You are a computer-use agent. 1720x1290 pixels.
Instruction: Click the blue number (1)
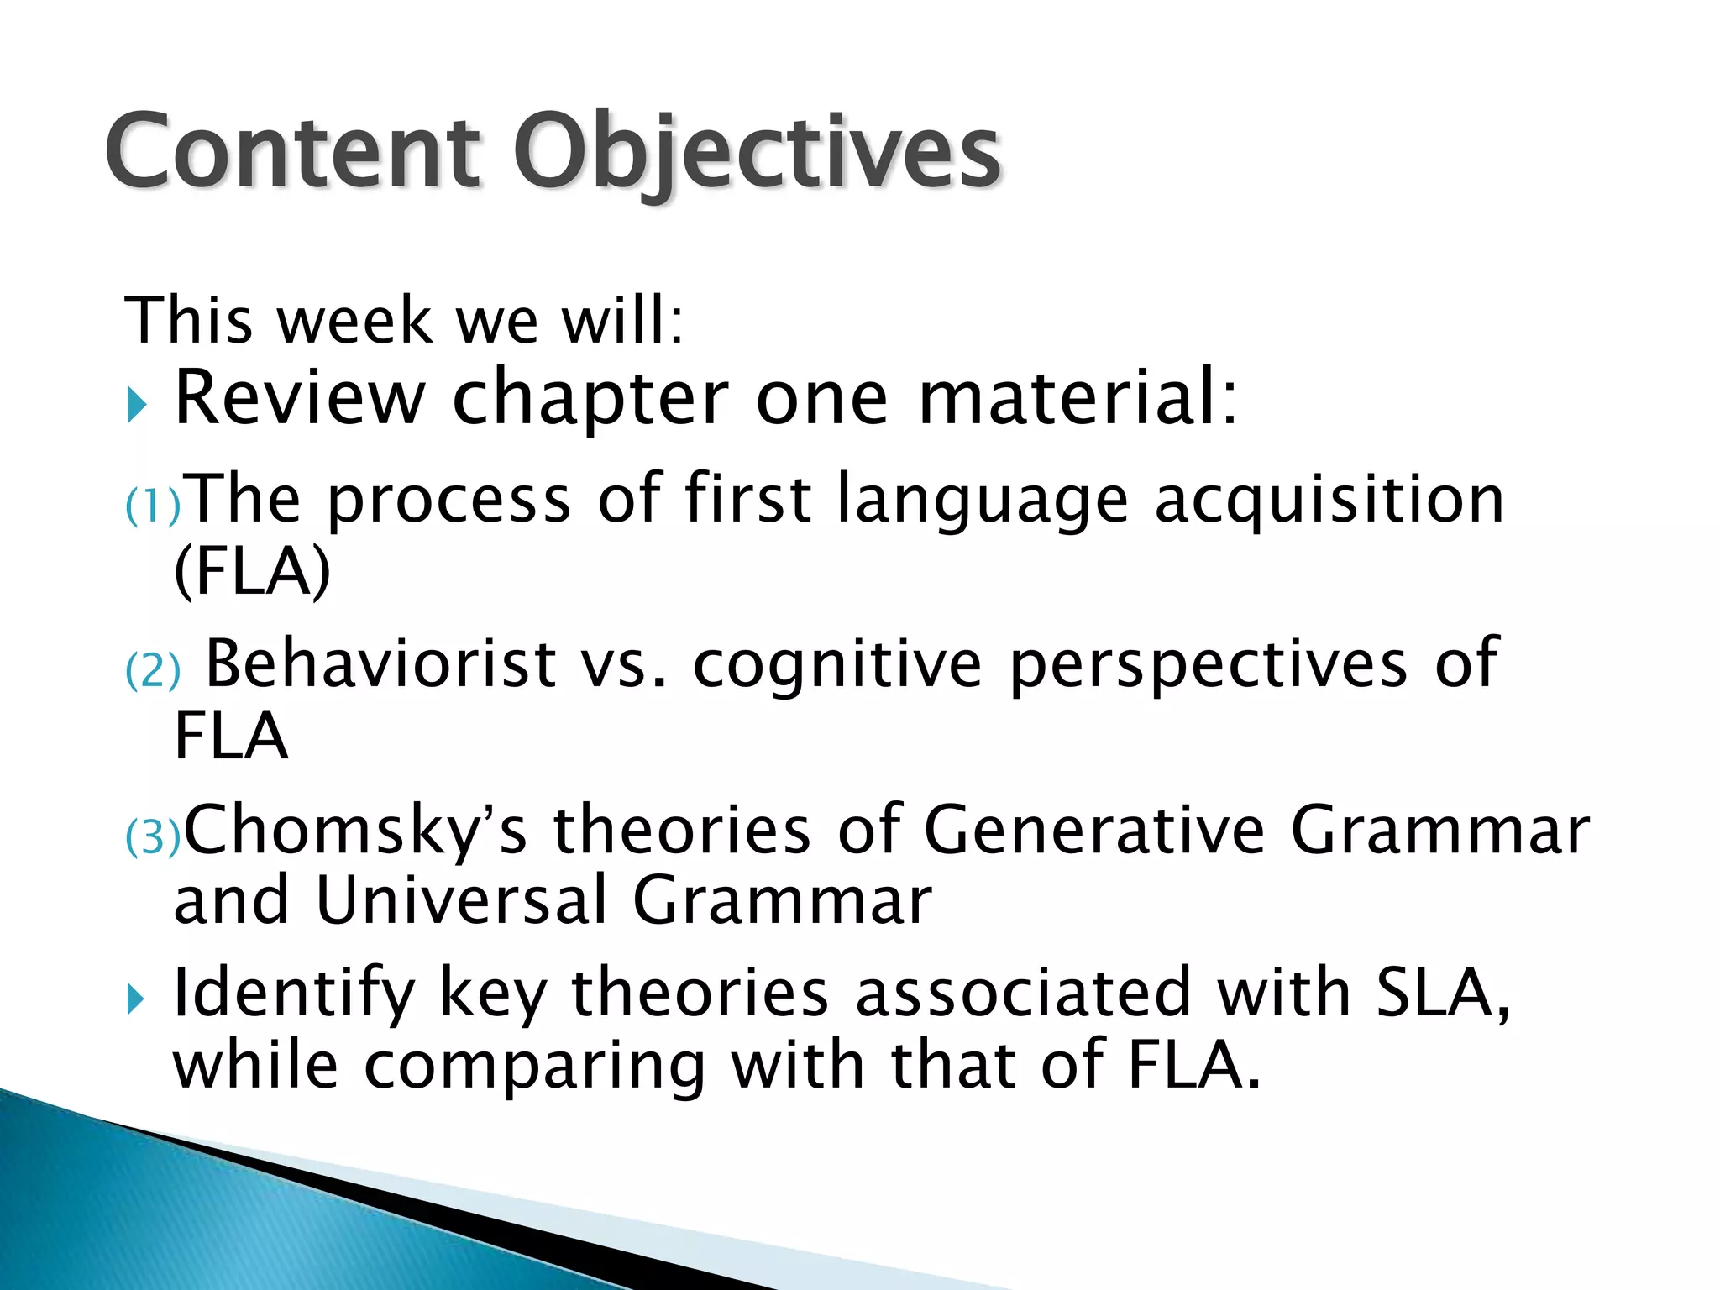(x=152, y=506)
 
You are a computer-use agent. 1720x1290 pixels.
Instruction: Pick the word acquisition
(x=1329, y=501)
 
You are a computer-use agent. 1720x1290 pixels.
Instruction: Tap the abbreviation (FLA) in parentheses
(x=252, y=572)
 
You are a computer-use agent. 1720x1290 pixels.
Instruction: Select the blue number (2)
(x=152, y=671)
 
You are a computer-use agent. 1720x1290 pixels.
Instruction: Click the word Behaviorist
(x=380, y=663)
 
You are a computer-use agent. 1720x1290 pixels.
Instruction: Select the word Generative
(x=1093, y=830)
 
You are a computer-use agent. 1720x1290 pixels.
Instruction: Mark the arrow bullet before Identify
(x=137, y=999)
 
